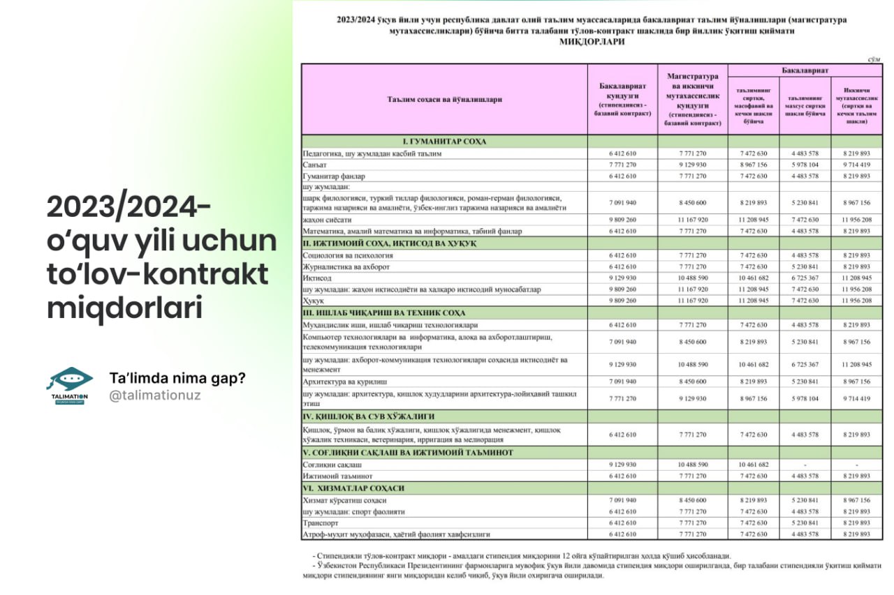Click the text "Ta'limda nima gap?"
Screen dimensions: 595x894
tap(177, 377)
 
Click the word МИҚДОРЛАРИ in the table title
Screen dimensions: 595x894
tap(592, 42)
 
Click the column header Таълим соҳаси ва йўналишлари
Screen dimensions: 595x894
tap(444, 99)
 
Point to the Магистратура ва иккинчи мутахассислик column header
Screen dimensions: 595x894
tap(693, 99)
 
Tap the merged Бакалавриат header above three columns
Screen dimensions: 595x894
tap(805, 70)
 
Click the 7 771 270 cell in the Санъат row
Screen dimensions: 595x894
tap(622, 165)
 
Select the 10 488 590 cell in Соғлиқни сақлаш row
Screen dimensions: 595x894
tap(693, 465)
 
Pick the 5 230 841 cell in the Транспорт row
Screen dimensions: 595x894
tap(805, 522)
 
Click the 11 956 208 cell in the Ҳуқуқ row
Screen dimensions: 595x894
tap(857, 301)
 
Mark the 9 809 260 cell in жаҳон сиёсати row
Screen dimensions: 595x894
tap(622, 219)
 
